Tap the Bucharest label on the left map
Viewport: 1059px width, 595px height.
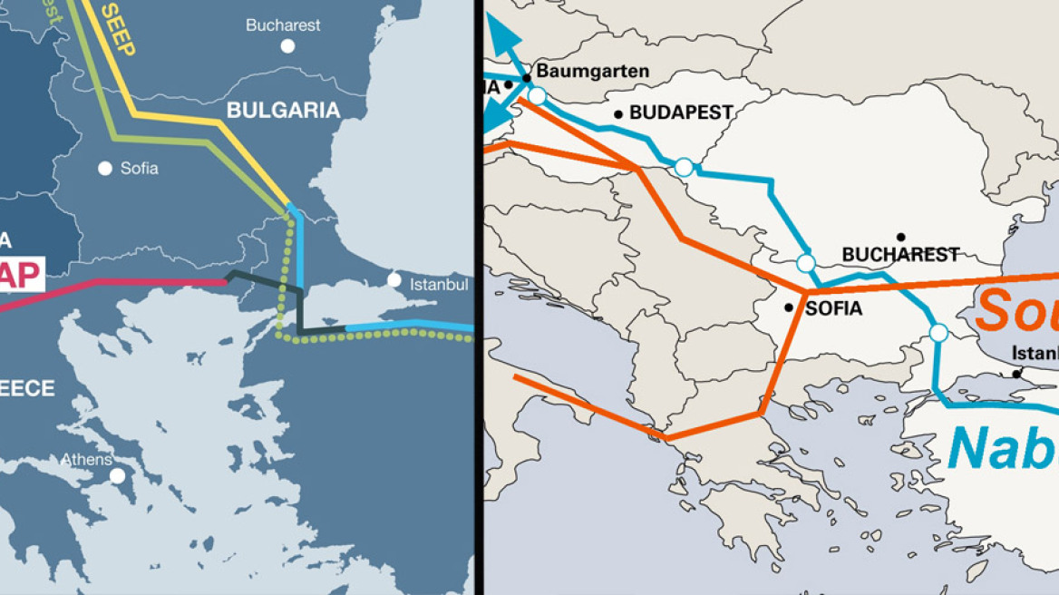[283, 25]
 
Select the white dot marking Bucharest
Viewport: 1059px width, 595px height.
[287, 45]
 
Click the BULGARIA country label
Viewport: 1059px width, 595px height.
[283, 111]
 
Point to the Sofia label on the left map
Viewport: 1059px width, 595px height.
[139, 168]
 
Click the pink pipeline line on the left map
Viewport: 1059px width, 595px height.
[136, 282]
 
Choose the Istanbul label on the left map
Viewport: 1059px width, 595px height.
[439, 285]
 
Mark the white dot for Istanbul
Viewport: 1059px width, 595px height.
[394, 279]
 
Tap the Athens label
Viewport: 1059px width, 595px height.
[86, 460]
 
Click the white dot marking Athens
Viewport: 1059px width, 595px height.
[117, 475]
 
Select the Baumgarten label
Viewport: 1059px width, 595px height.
[593, 71]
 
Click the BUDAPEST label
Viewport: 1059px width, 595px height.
[681, 113]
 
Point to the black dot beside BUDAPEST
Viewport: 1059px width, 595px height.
[618, 114]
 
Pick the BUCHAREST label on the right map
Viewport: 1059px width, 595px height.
[900, 255]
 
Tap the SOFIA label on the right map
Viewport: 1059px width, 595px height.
[833, 308]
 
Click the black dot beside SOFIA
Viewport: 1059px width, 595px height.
[790, 307]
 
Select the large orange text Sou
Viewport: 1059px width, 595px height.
[1016, 310]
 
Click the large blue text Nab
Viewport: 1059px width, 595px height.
[1002, 447]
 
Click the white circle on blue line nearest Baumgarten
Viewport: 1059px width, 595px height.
[537, 95]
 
